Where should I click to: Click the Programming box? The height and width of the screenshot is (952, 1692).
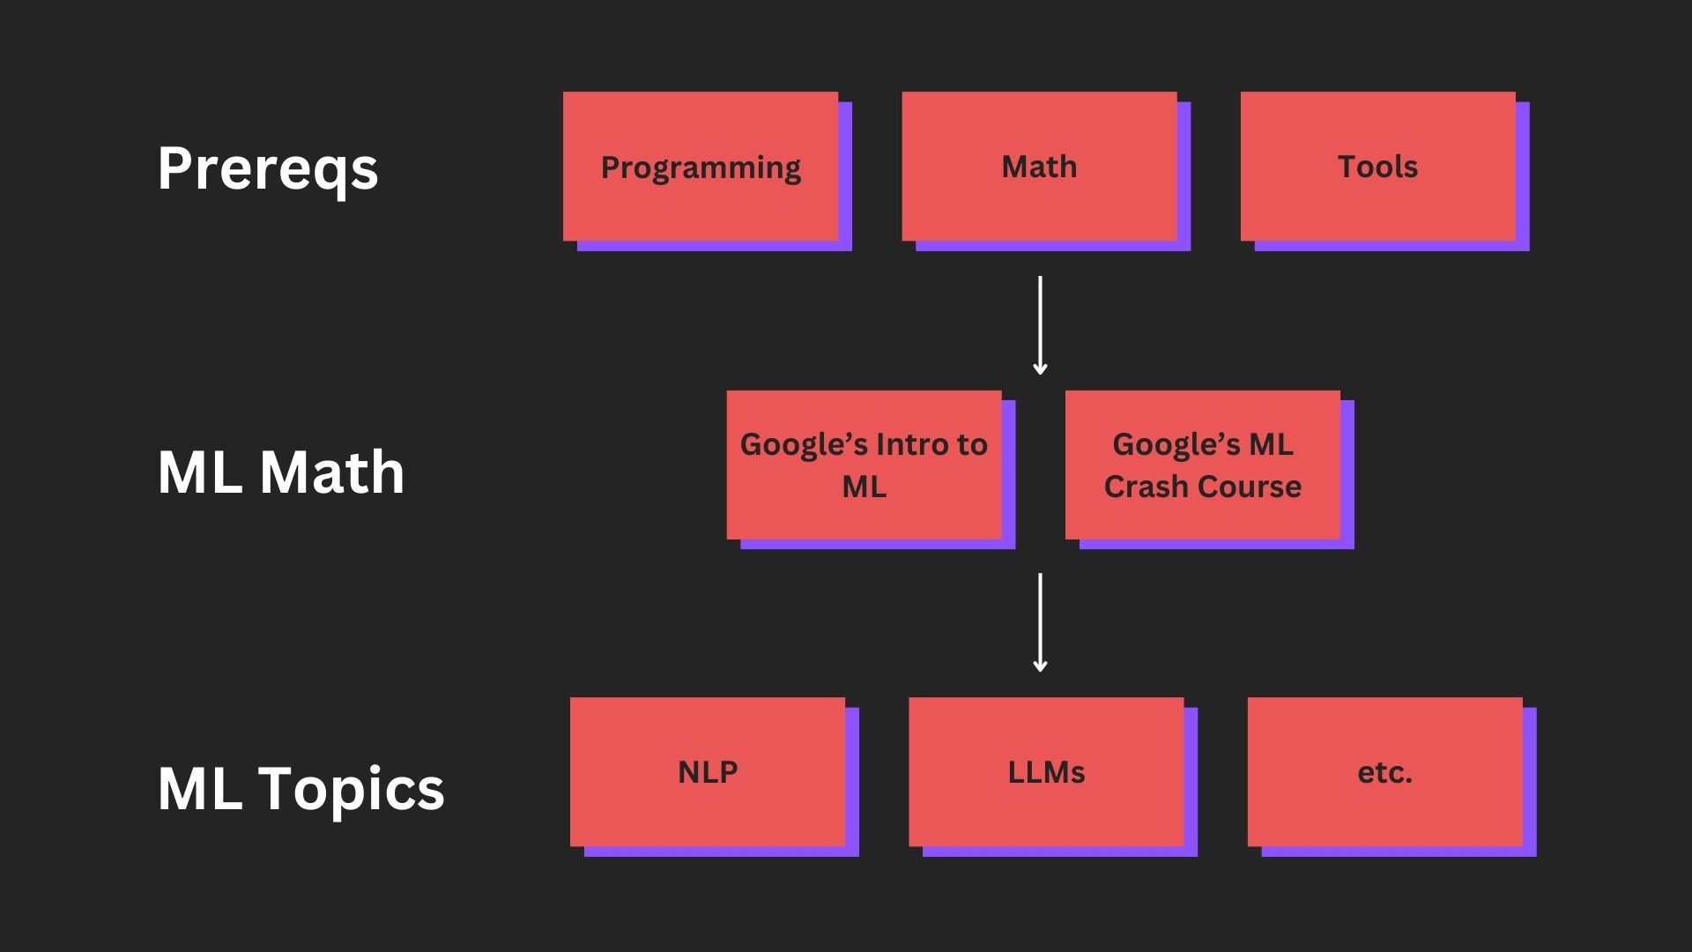click(701, 167)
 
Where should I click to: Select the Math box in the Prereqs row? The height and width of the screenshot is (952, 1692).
click(1039, 167)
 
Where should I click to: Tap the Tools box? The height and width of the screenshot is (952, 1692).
click(1377, 167)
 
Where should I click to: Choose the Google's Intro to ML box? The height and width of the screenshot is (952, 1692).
click(864, 465)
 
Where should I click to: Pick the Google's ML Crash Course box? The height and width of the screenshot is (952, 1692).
click(1202, 465)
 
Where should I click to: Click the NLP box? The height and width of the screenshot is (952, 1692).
click(708, 772)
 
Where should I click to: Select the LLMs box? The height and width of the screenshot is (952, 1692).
click(1046, 772)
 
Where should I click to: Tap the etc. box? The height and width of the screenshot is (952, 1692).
click(1384, 772)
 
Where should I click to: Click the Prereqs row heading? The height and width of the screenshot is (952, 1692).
click(268, 168)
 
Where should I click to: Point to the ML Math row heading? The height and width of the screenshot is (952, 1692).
click(281, 472)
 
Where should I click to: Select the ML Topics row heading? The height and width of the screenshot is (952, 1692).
click(301, 787)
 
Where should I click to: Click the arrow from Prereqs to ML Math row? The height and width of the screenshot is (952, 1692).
click(1040, 325)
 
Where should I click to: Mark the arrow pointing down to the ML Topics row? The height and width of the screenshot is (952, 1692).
click(1040, 622)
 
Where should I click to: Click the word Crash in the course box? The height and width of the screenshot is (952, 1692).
click(1140, 487)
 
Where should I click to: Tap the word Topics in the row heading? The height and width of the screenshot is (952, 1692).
click(351, 787)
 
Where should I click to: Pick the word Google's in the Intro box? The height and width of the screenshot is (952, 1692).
click(797, 444)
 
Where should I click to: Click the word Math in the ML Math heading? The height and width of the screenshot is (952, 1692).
click(332, 472)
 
